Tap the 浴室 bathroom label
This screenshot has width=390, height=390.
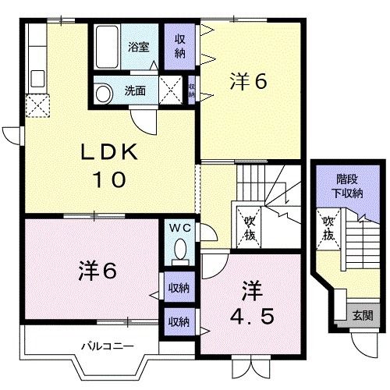coord(140,46)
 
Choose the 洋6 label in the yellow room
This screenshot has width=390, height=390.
coord(249,81)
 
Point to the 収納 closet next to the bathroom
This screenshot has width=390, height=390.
coord(179,45)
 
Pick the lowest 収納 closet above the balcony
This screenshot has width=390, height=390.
coord(179,321)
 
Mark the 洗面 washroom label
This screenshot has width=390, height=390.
coord(136,90)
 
